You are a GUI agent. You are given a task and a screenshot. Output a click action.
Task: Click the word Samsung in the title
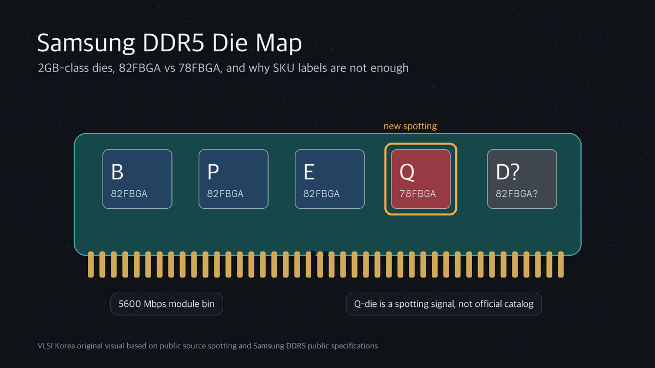(x=86, y=44)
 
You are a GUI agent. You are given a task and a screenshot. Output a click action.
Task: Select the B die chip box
(x=137, y=179)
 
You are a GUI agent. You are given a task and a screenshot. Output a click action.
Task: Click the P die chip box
(x=234, y=179)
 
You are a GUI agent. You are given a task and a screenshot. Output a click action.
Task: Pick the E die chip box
(x=330, y=179)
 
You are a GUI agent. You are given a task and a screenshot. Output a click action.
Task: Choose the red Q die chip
(x=421, y=179)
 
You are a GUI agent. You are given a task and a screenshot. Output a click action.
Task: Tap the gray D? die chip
(x=522, y=179)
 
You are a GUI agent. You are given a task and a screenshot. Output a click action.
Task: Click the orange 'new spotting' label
(x=410, y=126)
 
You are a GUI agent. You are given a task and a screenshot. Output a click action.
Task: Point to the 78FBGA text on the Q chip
(x=418, y=194)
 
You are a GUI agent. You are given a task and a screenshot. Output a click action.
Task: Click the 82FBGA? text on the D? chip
(x=516, y=194)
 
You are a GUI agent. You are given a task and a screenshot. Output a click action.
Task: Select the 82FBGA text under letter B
(x=129, y=194)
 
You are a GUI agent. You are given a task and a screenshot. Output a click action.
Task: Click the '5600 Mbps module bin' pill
(x=166, y=304)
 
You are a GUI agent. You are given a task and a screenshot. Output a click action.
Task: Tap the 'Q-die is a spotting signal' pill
(x=444, y=304)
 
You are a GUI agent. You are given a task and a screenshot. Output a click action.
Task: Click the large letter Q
(x=407, y=172)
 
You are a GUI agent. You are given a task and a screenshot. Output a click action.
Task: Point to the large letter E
(x=309, y=172)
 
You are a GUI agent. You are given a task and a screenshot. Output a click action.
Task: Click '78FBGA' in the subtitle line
(x=199, y=68)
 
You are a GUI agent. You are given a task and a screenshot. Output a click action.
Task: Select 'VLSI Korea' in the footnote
(x=56, y=346)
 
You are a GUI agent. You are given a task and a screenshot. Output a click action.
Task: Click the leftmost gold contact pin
(x=91, y=264)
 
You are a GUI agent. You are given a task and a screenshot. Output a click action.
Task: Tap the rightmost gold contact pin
(x=561, y=264)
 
